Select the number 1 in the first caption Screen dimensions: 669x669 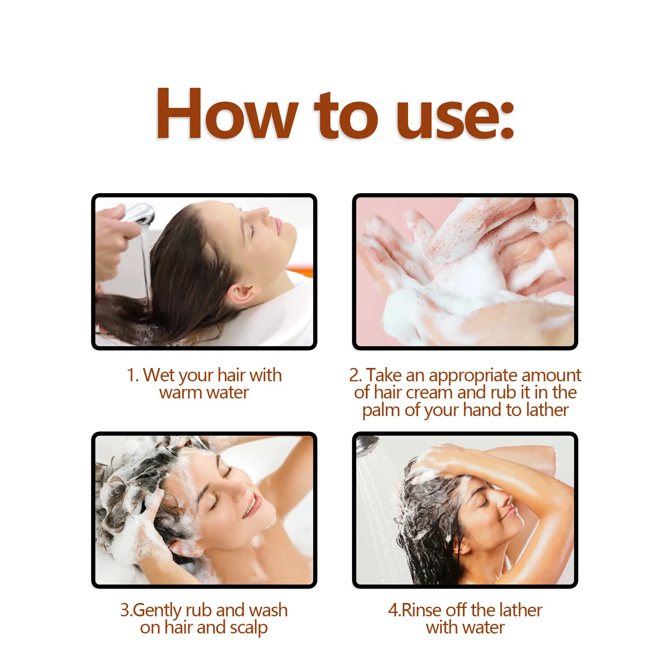(131, 375)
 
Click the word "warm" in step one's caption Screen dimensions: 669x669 (181, 393)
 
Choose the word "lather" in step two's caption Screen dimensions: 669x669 (548, 410)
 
